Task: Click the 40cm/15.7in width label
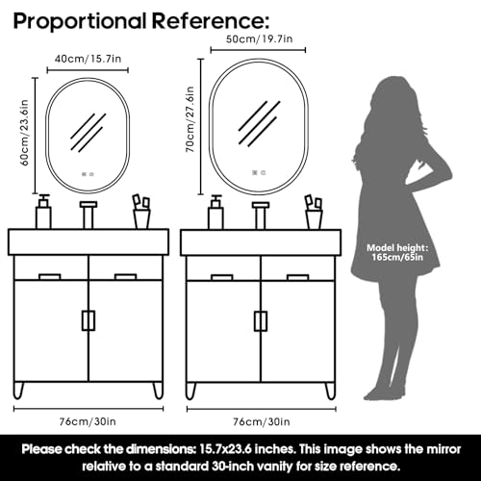point(88,59)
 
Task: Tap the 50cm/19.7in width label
point(259,39)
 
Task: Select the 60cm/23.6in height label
point(24,133)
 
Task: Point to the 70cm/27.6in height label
point(190,119)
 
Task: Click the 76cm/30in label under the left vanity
point(88,421)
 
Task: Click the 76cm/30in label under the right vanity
point(262,421)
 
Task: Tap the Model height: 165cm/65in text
point(397,252)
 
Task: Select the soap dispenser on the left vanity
point(43,212)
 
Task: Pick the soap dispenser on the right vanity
point(215,212)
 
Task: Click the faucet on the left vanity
point(89,215)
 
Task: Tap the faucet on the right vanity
point(261,215)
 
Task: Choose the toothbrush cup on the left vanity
point(141,212)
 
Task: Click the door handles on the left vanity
point(89,320)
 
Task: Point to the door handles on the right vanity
point(261,321)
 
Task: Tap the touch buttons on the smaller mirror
point(88,174)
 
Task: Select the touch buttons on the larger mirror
point(259,173)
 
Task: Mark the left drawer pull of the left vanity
point(50,276)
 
